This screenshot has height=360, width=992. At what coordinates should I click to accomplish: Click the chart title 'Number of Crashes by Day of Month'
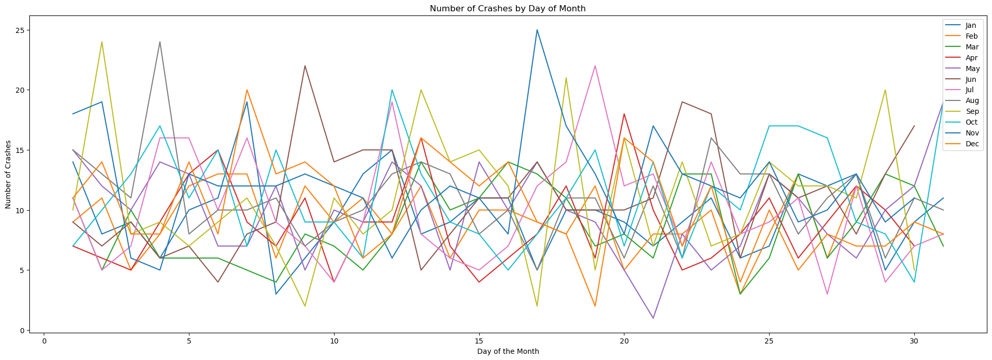coord(508,9)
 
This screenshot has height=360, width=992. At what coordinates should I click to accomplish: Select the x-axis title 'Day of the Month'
coord(508,351)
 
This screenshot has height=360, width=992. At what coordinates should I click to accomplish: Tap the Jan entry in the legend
coord(970,26)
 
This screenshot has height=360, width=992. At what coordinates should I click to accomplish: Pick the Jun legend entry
coord(970,79)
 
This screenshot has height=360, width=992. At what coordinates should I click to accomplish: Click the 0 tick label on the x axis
coord(44,341)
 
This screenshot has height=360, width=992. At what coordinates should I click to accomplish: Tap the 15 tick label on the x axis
coord(479,341)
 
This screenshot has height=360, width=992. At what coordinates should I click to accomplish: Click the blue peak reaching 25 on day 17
coord(537,30)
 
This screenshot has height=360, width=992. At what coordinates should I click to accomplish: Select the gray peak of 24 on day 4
coord(160,42)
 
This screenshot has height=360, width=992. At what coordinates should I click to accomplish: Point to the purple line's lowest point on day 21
coord(653,318)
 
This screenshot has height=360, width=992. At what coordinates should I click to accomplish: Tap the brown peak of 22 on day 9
coord(305,66)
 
